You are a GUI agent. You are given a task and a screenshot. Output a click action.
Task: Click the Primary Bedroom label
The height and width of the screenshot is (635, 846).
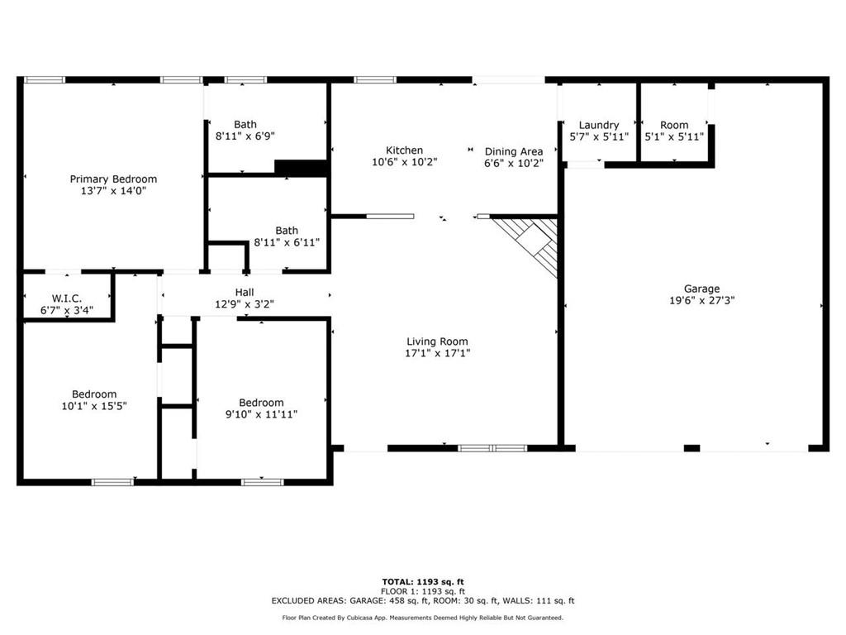tap(113, 179)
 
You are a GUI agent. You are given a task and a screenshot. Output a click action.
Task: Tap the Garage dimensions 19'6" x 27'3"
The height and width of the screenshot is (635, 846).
tap(702, 300)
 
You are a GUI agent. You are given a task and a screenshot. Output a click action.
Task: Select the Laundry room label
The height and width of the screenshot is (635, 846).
tap(599, 126)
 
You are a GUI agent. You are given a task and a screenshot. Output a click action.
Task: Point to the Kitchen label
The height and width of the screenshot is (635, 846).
tap(404, 150)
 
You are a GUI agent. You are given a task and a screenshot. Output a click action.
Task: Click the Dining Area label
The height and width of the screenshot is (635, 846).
tap(514, 152)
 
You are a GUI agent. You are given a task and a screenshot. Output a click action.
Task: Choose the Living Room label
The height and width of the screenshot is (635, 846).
tap(437, 341)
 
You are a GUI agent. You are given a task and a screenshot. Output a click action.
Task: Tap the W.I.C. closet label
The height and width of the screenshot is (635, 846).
tap(67, 298)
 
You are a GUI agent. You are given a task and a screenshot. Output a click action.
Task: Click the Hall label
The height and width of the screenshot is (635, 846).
tap(245, 292)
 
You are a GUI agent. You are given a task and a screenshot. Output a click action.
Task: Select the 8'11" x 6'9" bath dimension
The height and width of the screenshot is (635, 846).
tap(245, 136)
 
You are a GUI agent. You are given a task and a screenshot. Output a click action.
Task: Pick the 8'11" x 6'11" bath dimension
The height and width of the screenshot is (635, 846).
tap(287, 242)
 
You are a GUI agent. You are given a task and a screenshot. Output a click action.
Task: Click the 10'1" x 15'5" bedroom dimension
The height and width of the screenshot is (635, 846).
tap(94, 406)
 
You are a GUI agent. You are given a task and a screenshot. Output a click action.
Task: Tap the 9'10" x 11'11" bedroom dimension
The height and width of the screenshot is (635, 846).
tap(261, 414)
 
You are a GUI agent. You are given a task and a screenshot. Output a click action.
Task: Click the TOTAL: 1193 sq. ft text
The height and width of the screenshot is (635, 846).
tap(423, 581)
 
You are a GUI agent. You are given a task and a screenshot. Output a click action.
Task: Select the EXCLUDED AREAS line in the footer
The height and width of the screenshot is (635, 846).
tap(423, 600)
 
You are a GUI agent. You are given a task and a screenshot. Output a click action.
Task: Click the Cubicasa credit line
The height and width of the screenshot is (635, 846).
tap(423, 618)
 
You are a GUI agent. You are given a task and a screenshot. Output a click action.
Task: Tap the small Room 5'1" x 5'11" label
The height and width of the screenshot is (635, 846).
tap(674, 131)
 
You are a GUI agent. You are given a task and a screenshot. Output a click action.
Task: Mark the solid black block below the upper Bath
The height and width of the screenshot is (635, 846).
tap(301, 167)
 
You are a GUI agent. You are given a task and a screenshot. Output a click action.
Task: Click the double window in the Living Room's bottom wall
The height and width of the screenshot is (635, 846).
tap(492, 447)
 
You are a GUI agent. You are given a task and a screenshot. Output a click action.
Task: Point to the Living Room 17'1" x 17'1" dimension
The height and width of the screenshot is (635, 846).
tap(438, 353)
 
